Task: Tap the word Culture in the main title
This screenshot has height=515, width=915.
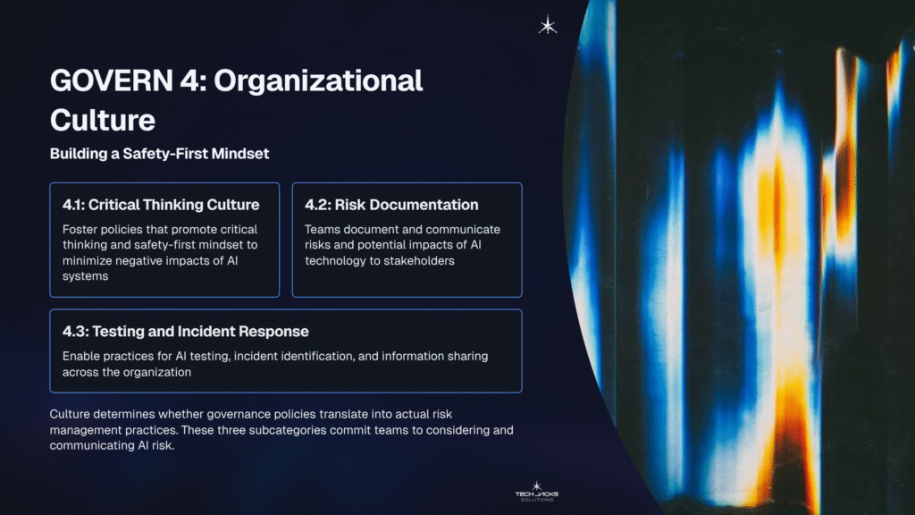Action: click(103, 119)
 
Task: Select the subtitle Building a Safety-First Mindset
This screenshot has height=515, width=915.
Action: click(159, 154)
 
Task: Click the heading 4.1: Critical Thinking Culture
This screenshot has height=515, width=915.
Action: click(161, 205)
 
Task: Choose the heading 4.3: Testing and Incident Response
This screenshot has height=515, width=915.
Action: click(185, 331)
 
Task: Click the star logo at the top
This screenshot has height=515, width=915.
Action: click(548, 26)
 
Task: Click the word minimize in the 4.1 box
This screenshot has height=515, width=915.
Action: click(92, 261)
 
